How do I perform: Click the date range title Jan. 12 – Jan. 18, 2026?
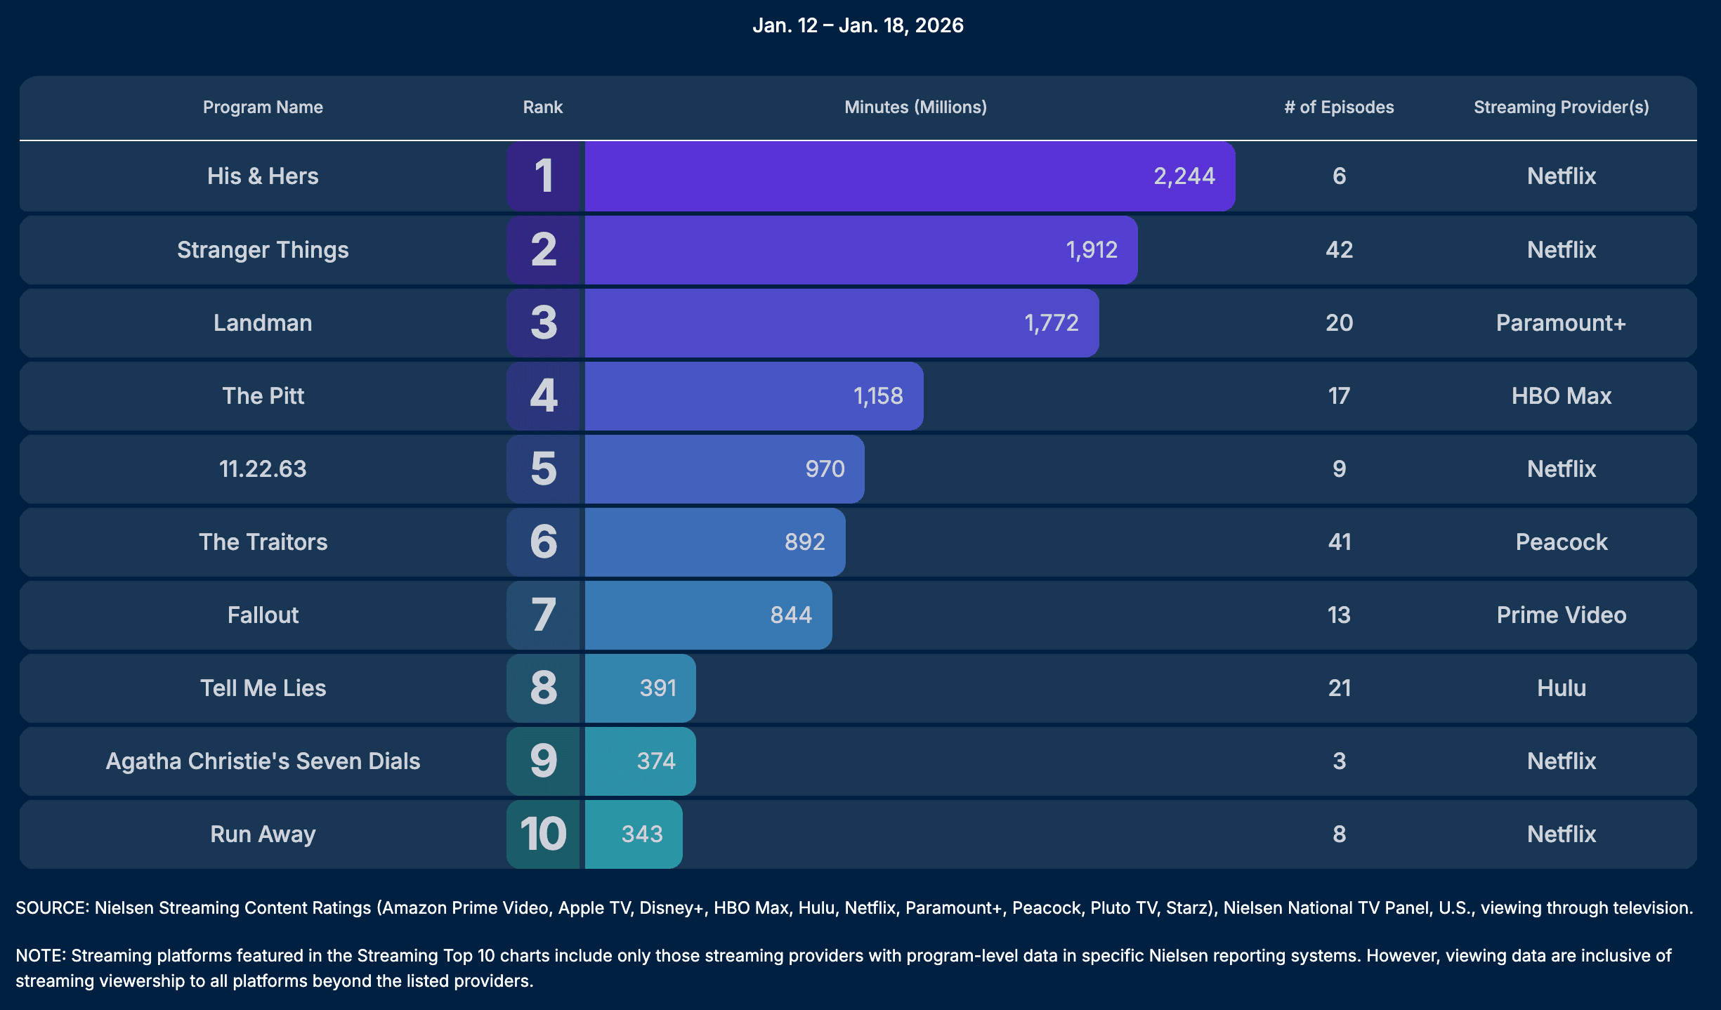pos(858,25)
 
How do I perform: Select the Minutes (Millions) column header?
pos(915,107)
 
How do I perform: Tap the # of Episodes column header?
pos(1338,107)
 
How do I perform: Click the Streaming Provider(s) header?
pos(1561,107)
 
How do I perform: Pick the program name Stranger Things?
pos(263,250)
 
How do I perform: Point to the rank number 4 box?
pos(544,396)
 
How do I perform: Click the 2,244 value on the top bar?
pos(1184,176)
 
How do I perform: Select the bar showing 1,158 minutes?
pos(753,396)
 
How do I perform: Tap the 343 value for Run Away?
pos(641,834)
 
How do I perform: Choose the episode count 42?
pos(1339,250)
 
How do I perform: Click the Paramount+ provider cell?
pos(1561,323)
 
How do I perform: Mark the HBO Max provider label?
pos(1561,396)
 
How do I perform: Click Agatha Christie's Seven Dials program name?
pos(263,761)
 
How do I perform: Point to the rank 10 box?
pos(544,834)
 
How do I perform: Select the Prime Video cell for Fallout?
pos(1561,615)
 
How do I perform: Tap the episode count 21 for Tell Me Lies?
pos(1339,688)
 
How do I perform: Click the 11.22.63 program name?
pos(263,469)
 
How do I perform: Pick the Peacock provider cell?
pos(1561,542)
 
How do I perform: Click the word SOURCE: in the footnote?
pos(52,908)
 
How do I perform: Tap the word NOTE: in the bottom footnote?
pos(40,956)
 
